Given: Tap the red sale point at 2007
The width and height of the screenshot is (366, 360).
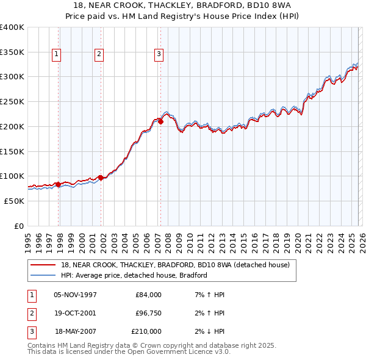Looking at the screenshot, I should pos(161,121).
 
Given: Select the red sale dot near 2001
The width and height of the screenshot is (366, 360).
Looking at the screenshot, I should pos(101,178).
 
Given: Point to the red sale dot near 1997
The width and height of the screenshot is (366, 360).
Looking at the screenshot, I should pos(59,184).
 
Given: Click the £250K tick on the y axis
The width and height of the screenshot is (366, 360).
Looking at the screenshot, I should pos(12,102).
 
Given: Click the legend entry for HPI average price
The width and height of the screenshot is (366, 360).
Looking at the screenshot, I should pos(134,275).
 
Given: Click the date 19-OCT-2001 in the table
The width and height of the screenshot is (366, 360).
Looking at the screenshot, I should pos(76,313).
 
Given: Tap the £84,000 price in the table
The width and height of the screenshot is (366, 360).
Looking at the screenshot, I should pos(148,295).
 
